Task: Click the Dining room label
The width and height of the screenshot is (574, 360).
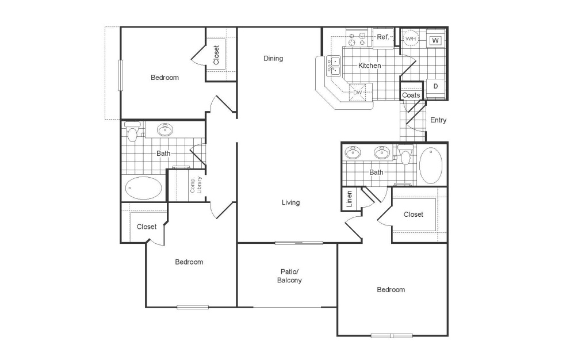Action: click(x=273, y=58)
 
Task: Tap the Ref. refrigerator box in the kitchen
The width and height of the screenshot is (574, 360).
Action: click(x=383, y=37)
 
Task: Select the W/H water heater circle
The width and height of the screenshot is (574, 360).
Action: click(x=411, y=39)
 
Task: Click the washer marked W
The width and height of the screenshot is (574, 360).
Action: click(x=435, y=40)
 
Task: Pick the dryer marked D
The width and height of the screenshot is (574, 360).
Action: click(x=435, y=86)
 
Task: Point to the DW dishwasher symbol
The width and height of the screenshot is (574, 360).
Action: click(x=357, y=92)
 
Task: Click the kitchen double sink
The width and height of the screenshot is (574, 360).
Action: click(x=333, y=65)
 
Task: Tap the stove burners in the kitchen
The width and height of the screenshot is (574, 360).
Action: click(x=357, y=39)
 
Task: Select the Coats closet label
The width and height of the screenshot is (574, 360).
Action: click(x=411, y=95)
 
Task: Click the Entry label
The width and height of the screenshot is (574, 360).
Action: click(x=438, y=120)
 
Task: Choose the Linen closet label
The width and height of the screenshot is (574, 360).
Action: click(x=349, y=199)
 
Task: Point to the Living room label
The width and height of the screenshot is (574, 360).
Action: click(x=290, y=202)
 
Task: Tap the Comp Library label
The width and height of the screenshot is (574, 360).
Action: click(x=196, y=185)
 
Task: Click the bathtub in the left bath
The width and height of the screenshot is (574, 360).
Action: click(x=143, y=187)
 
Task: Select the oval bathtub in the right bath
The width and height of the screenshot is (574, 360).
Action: click(x=431, y=166)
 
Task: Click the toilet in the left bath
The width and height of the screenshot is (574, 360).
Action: click(x=132, y=133)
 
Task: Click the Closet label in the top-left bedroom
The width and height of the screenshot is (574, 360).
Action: click(x=216, y=55)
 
